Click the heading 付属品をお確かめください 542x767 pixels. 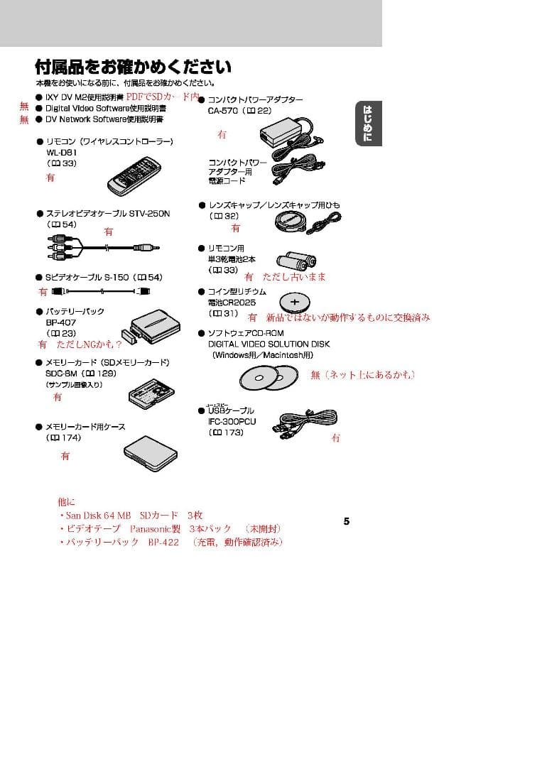[133, 67]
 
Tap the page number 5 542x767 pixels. [347, 521]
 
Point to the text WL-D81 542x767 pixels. [62, 152]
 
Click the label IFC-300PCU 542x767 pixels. [232, 421]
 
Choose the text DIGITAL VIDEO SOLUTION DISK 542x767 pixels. [264, 344]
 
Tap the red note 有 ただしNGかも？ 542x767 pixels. [80, 344]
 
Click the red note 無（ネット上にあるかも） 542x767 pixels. [363, 374]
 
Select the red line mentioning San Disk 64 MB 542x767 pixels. [134, 515]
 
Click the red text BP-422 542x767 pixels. [164, 542]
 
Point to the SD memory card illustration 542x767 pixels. [151, 389]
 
